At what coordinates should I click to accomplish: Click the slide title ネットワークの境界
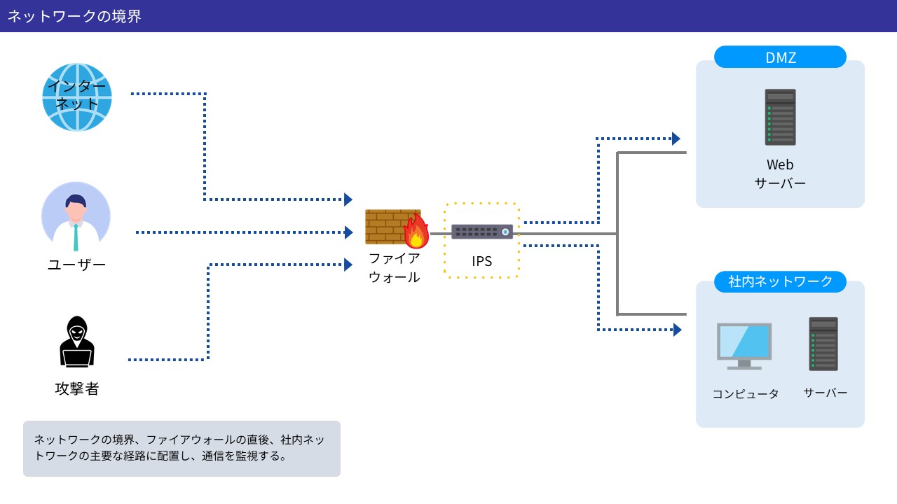pyautogui.click(x=74, y=16)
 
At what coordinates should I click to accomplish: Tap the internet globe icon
pyautogui.click(x=77, y=97)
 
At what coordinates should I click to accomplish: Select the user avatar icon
pyautogui.click(x=76, y=216)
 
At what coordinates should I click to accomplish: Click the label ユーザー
pyautogui.click(x=76, y=265)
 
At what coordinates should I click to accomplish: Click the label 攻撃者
pyautogui.click(x=76, y=388)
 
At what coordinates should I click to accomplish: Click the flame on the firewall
pyautogui.click(x=417, y=232)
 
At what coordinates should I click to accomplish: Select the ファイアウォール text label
pyautogui.click(x=394, y=267)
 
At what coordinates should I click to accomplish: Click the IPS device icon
pyautogui.click(x=481, y=231)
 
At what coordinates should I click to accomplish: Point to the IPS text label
pyautogui.click(x=481, y=261)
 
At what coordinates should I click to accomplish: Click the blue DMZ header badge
pyautogui.click(x=780, y=57)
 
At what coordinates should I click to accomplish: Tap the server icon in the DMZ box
pyautogui.click(x=780, y=117)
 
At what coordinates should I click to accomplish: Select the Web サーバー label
pyautogui.click(x=780, y=174)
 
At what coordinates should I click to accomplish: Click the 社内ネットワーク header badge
pyautogui.click(x=780, y=281)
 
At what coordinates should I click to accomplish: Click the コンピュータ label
pyautogui.click(x=746, y=394)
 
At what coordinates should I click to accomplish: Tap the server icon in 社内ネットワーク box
pyautogui.click(x=823, y=344)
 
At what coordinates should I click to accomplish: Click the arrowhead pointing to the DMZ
pyautogui.click(x=676, y=139)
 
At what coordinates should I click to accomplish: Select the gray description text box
pyautogui.click(x=182, y=449)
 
